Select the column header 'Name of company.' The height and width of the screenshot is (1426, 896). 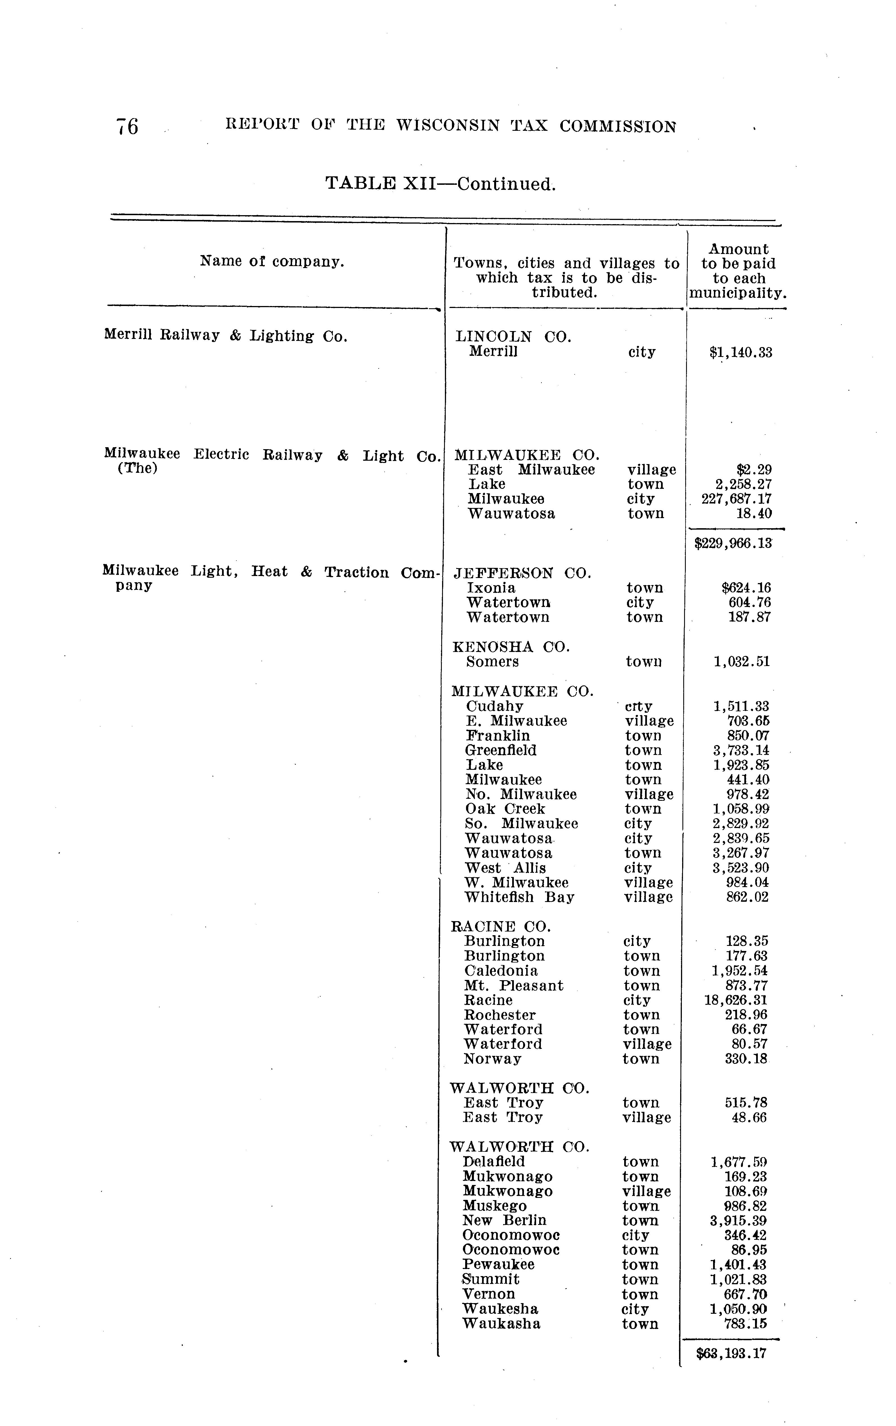click(272, 261)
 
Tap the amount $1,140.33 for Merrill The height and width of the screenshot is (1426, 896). click(741, 352)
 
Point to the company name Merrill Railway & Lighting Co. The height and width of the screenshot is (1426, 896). click(225, 336)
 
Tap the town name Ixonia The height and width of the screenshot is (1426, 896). click(491, 588)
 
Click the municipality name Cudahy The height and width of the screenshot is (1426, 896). click(495, 707)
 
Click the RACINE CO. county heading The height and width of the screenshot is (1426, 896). click(501, 926)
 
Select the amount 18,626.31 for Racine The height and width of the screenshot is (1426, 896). click(735, 1000)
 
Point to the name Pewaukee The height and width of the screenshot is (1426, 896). click(498, 1264)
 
